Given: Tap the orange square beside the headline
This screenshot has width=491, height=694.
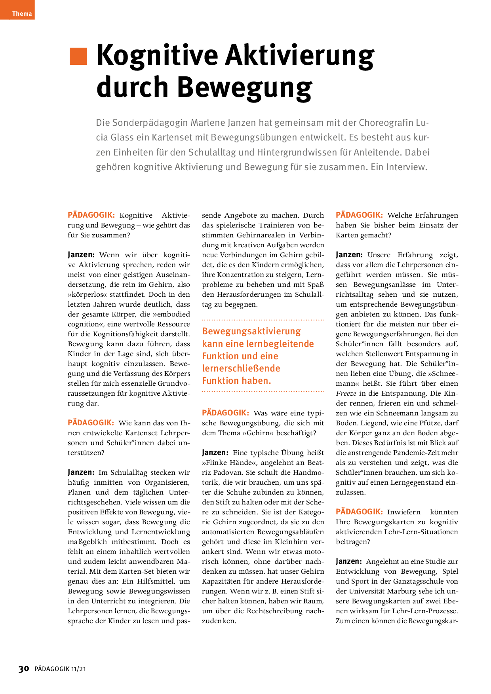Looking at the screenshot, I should tap(78, 56).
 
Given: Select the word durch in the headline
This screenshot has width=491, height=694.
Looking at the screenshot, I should tap(133, 87).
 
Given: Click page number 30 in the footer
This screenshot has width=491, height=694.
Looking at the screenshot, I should tap(24, 669).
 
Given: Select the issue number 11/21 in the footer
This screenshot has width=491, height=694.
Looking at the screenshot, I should tap(78, 669).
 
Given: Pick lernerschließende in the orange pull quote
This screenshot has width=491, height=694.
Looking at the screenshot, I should tap(241, 368).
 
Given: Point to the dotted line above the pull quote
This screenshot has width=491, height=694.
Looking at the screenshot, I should tap(263, 320).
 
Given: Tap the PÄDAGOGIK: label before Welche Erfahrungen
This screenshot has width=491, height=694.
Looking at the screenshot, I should tap(359, 215).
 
